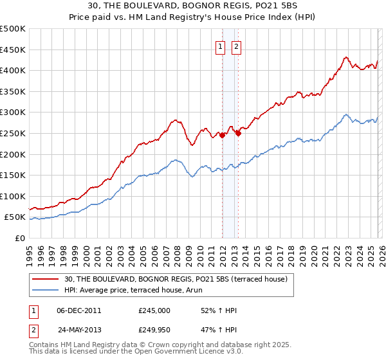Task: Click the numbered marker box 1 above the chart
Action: (220, 46)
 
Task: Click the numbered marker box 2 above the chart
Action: (236, 46)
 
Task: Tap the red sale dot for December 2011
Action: (222, 136)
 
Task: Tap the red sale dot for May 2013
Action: (238, 134)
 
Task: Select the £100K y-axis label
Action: (14, 196)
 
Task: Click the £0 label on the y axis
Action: (19, 238)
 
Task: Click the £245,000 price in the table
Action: (154, 310)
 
